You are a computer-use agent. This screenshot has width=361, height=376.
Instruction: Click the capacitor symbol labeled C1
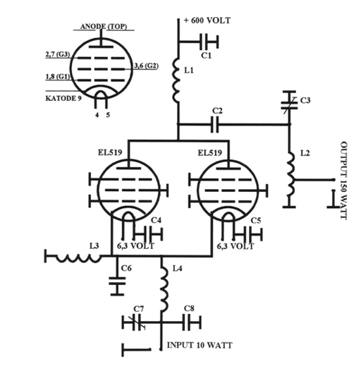(x=209, y=42)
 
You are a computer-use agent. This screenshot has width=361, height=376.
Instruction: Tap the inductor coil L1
(x=176, y=80)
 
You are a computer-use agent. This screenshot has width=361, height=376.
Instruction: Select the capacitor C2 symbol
(x=215, y=124)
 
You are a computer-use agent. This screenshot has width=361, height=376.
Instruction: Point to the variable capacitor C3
(x=289, y=102)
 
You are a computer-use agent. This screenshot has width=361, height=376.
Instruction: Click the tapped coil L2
(x=290, y=174)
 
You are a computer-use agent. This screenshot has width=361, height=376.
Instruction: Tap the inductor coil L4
(x=164, y=289)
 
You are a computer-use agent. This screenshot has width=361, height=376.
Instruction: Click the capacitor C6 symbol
(x=117, y=281)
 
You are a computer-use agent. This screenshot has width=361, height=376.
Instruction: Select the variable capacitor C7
(x=134, y=323)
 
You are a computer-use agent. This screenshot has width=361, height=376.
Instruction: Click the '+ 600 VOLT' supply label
(x=207, y=20)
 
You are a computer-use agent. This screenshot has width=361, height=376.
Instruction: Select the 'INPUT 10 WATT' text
(x=200, y=345)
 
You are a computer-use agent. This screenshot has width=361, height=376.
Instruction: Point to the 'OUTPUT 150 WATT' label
(x=343, y=181)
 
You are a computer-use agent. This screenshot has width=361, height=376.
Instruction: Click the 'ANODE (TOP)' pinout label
(x=104, y=26)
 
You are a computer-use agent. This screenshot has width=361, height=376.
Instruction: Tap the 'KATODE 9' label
(x=63, y=98)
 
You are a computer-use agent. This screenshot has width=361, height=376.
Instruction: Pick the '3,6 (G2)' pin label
(x=146, y=66)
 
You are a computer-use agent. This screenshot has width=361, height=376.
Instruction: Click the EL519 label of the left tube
(x=110, y=152)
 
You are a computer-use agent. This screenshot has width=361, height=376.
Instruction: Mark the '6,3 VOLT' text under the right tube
(x=235, y=246)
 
